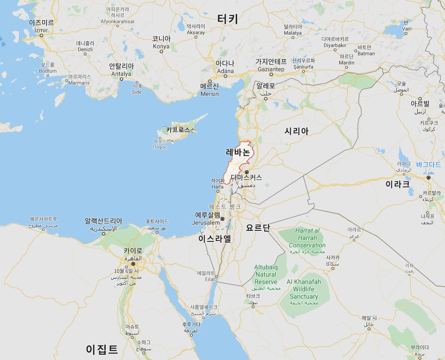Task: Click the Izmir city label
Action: coord(41,26)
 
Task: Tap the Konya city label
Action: coord(161,43)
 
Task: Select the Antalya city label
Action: coord(121,70)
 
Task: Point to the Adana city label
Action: coord(225,67)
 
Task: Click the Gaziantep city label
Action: coord(271,65)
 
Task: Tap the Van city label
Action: coord(406,26)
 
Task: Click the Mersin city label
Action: coord(210,90)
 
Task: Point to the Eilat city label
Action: coord(206,276)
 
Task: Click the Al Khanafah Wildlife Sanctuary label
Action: coord(304,289)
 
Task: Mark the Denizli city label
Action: coord(85,46)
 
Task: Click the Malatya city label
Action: coord(293,30)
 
